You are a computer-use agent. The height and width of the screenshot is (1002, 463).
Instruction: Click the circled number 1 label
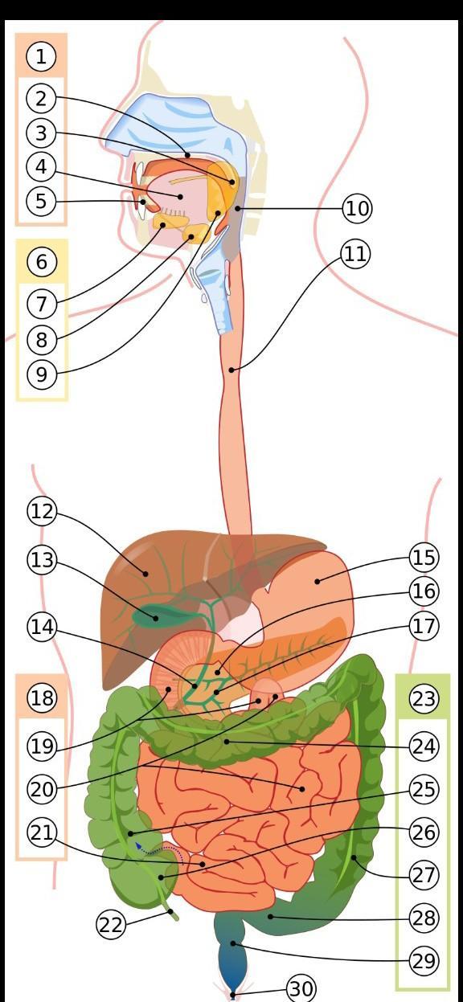(x=41, y=57)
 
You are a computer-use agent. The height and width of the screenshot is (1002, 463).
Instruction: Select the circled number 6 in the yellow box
(x=42, y=262)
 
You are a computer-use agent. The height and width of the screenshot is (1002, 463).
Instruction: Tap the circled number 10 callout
(x=357, y=208)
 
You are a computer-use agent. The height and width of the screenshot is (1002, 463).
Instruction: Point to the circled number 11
(x=355, y=254)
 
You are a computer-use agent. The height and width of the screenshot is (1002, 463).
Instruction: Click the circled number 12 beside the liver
(x=42, y=511)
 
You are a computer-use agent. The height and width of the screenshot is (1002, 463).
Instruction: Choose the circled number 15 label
(x=424, y=558)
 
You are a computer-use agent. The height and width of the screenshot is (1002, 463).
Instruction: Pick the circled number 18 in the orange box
(x=42, y=697)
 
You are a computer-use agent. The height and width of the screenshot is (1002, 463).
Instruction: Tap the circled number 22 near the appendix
(x=111, y=925)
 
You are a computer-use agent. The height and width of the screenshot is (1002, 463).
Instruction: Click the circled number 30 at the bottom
(x=301, y=988)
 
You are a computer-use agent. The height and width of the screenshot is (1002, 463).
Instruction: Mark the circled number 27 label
(x=424, y=875)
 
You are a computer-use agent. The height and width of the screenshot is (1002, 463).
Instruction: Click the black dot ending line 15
(x=318, y=582)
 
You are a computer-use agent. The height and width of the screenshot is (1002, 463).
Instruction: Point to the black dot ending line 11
(x=231, y=370)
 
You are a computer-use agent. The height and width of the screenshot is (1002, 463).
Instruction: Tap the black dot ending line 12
(x=145, y=574)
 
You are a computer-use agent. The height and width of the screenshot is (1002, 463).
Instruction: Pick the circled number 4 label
(x=41, y=166)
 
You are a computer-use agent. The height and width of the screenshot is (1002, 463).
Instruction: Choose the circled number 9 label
(x=42, y=374)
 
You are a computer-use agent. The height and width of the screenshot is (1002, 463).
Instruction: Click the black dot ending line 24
(x=227, y=742)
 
